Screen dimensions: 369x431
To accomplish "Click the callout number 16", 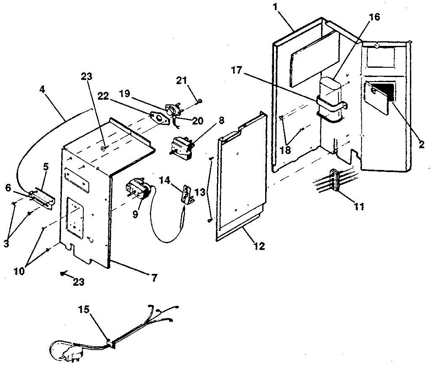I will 375,17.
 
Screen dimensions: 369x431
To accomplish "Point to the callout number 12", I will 260,246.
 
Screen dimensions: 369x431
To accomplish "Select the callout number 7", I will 154,278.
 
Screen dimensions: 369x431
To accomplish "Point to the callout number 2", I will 421,145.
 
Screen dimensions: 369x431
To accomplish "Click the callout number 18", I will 285,150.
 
